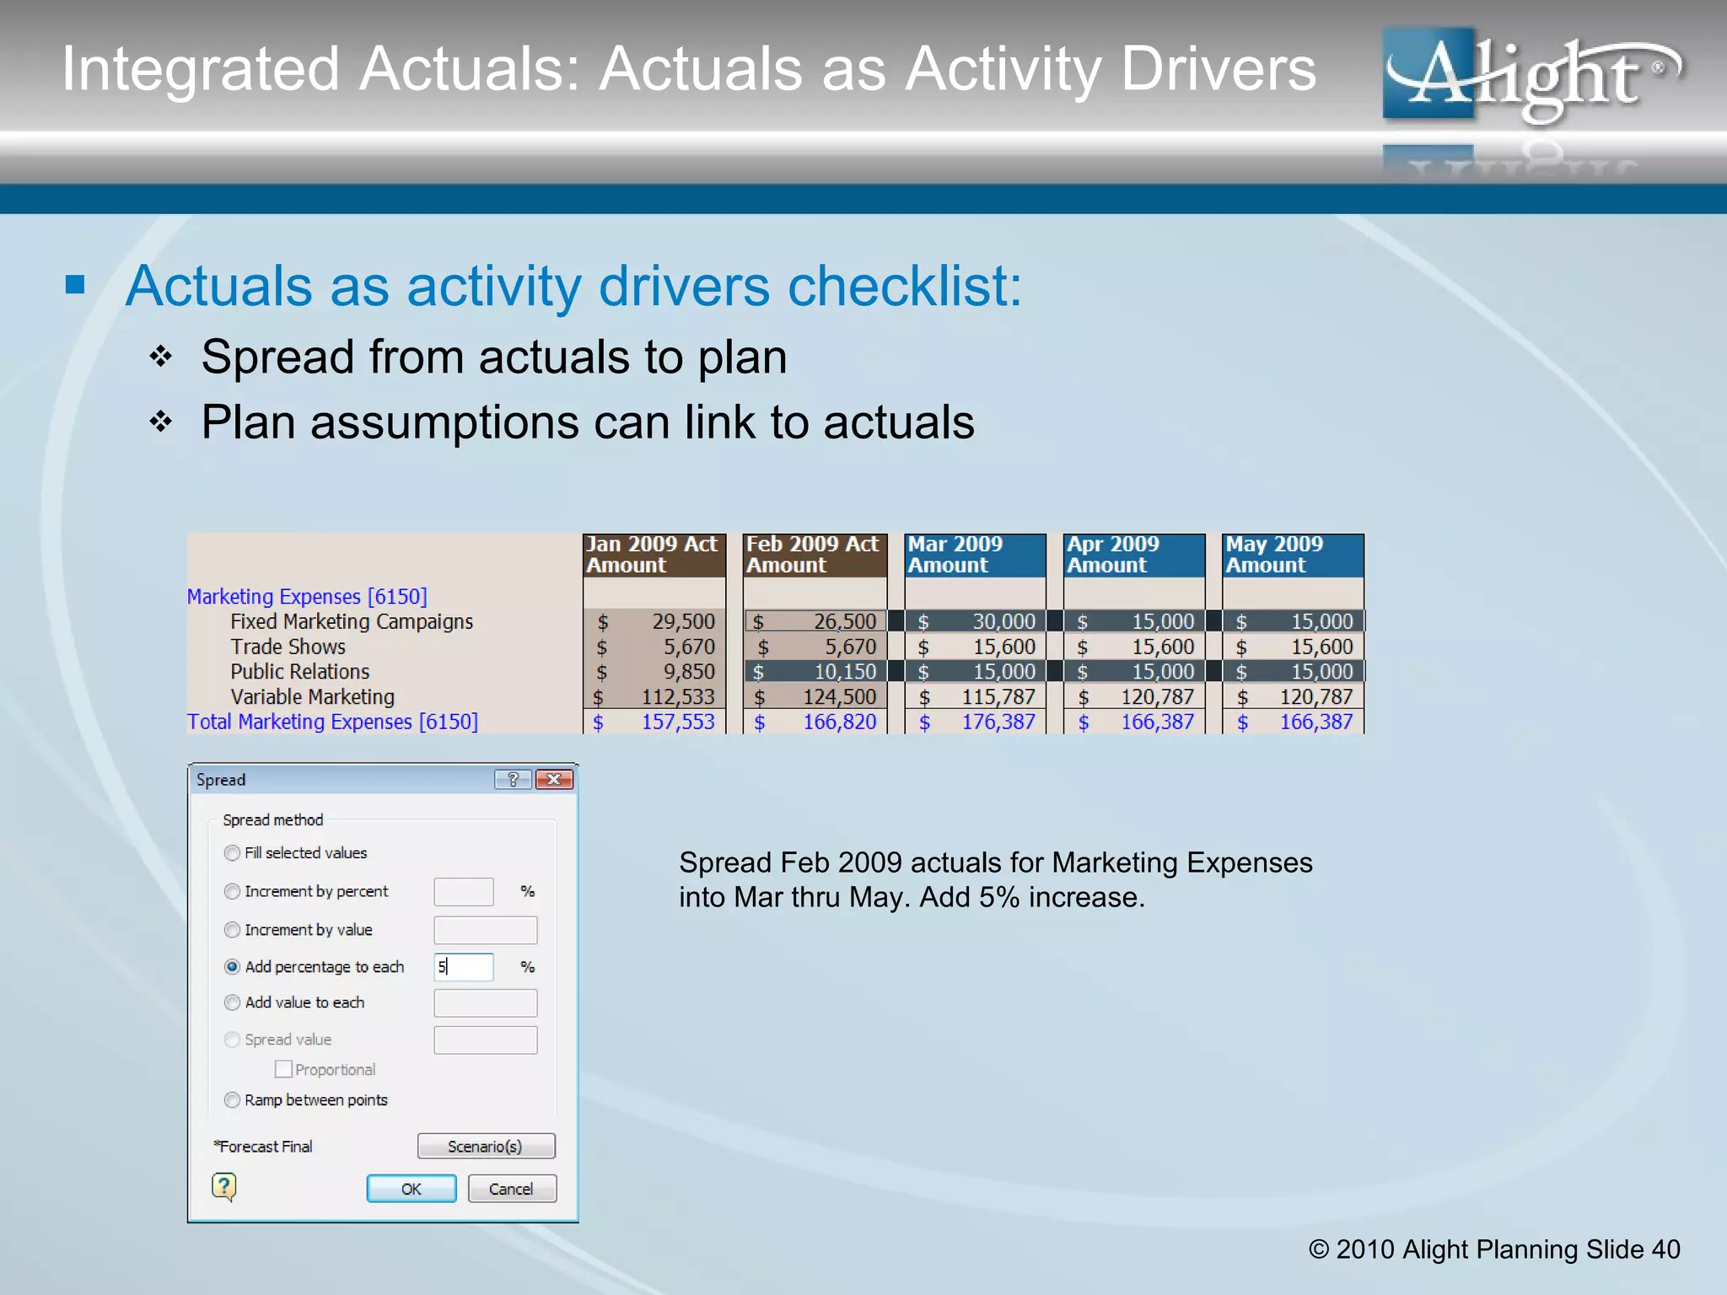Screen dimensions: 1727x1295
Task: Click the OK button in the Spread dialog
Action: coord(411,1189)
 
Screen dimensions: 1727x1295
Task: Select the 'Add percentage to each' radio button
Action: coord(232,967)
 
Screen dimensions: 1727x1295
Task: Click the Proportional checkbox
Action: coord(283,1069)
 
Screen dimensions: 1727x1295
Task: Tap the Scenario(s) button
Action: coord(486,1147)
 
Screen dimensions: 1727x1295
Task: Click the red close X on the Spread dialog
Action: coord(554,779)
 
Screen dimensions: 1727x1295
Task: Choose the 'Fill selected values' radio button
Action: coord(232,852)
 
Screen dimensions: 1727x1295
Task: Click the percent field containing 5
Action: coord(463,967)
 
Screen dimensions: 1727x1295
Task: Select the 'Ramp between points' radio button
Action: coord(232,1099)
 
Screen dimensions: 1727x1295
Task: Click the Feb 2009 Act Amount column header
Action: coord(814,555)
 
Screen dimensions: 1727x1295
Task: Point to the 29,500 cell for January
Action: coord(682,622)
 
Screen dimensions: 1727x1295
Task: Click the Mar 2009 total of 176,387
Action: coord(998,723)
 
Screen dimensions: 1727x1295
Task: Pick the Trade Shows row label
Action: coord(288,647)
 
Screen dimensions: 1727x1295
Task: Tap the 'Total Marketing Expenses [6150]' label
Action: coord(332,723)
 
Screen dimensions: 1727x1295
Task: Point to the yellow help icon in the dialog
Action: coord(223,1187)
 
